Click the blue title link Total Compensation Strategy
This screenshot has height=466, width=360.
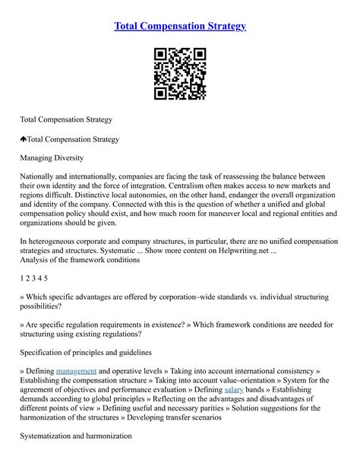click(x=180, y=26)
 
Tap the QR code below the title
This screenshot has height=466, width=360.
click(x=180, y=74)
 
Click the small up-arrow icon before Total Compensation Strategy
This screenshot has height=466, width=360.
click(x=24, y=139)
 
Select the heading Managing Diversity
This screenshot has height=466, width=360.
click(x=52, y=157)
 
